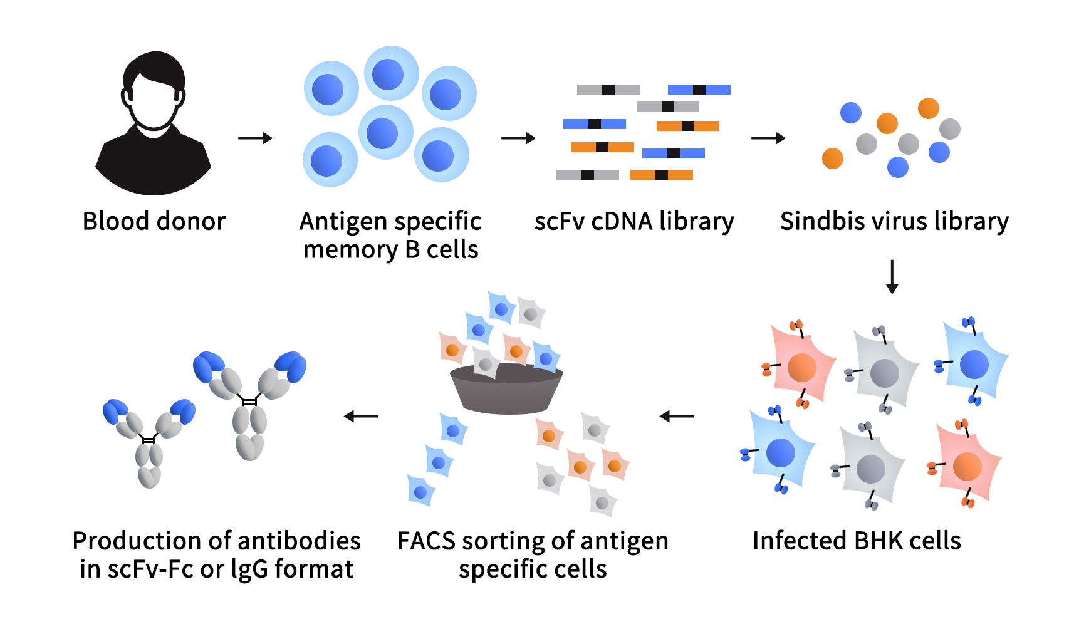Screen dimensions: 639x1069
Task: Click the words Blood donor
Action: click(154, 221)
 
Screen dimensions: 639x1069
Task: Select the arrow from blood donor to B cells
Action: click(255, 138)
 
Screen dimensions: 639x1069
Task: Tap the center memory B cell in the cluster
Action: click(384, 133)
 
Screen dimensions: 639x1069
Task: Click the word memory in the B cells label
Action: click(350, 250)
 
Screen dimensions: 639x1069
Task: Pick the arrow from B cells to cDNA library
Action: click(518, 138)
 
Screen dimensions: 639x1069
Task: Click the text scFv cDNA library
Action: click(634, 221)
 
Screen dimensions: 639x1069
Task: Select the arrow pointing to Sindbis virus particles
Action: click(768, 138)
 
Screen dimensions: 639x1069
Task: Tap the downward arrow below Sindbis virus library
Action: click(892, 277)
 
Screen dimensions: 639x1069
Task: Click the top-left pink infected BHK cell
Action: click(801, 367)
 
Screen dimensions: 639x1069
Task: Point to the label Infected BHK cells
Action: click(857, 541)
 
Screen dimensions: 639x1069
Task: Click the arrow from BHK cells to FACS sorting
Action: click(677, 416)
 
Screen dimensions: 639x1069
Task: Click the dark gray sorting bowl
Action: click(506, 392)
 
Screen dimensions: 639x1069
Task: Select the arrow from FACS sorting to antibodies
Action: click(361, 416)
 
